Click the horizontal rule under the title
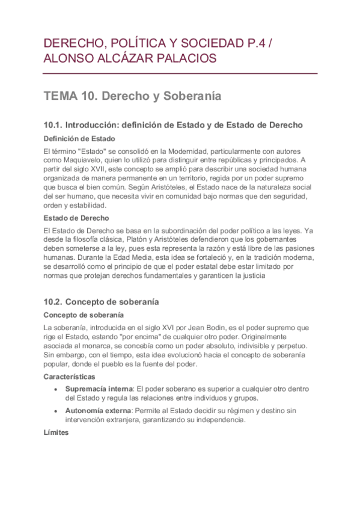tap(180, 73)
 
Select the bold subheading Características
tap(70, 376)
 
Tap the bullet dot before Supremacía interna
tap(56, 389)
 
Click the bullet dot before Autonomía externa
tap(56, 411)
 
